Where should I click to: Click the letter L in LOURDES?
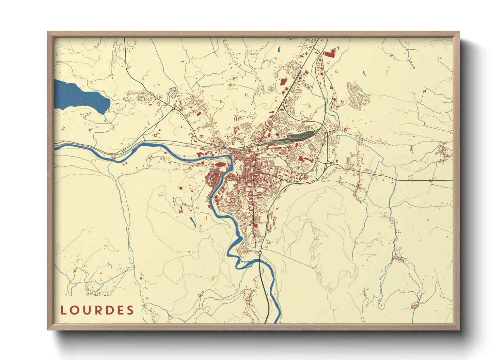coord(63,310)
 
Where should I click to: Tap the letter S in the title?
coord(130,310)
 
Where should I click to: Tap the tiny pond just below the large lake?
coord(105,119)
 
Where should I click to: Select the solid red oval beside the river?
coord(220,165)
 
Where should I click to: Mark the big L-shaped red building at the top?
coord(329,53)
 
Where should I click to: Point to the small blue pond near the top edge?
coord(279,49)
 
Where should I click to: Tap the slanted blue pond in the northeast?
coord(364,73)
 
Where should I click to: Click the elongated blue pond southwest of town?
coord(192,222)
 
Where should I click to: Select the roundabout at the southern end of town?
coord(260,252)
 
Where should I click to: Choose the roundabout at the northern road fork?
coord(283,104)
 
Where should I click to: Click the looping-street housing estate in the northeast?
coord(358,96)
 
